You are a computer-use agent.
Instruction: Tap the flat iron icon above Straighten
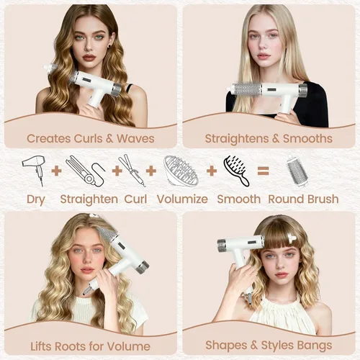coord(85,171)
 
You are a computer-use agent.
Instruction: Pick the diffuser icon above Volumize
coord(181,170)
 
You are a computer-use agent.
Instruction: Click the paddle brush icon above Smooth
coord(236,170)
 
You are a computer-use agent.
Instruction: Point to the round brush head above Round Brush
coord(297,170)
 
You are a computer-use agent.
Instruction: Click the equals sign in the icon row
coord(263,171)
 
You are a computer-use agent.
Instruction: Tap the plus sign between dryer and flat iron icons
coord(56,171)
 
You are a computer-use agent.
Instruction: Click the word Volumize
coord(182,199)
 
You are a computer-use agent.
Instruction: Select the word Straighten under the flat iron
coord(89,199)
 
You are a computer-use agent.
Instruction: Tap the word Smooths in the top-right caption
coord(307,138)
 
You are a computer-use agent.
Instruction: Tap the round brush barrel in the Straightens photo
coord(247,89)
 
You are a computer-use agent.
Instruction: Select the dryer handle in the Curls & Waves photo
coord(96,98)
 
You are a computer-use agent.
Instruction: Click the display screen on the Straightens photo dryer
coord(272,90)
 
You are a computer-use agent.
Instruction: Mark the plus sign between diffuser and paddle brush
coord(212,171)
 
